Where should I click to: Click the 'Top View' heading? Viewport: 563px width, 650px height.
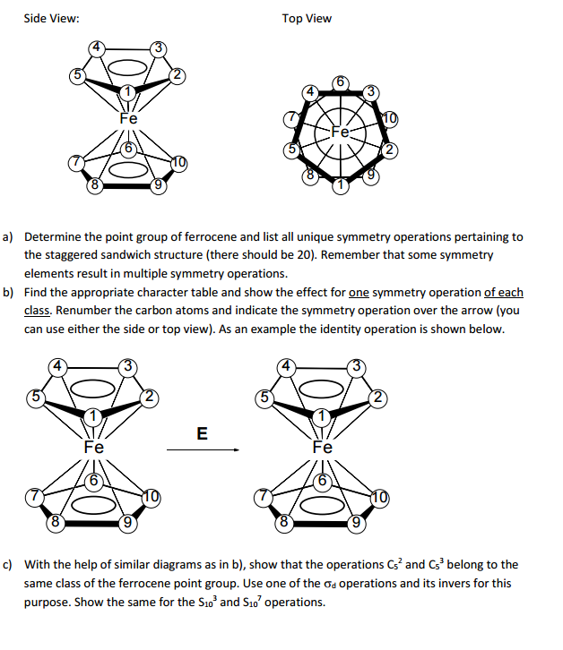307,18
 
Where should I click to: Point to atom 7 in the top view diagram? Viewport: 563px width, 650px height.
290,118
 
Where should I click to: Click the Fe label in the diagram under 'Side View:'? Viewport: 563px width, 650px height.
128,117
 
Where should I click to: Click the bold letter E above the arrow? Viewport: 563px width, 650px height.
202,434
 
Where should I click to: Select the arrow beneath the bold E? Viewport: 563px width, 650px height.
202,450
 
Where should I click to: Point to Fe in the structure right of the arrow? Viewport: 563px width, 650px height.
323,447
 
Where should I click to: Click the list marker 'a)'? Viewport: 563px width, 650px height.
8,237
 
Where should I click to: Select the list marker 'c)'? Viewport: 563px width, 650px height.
8,565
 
